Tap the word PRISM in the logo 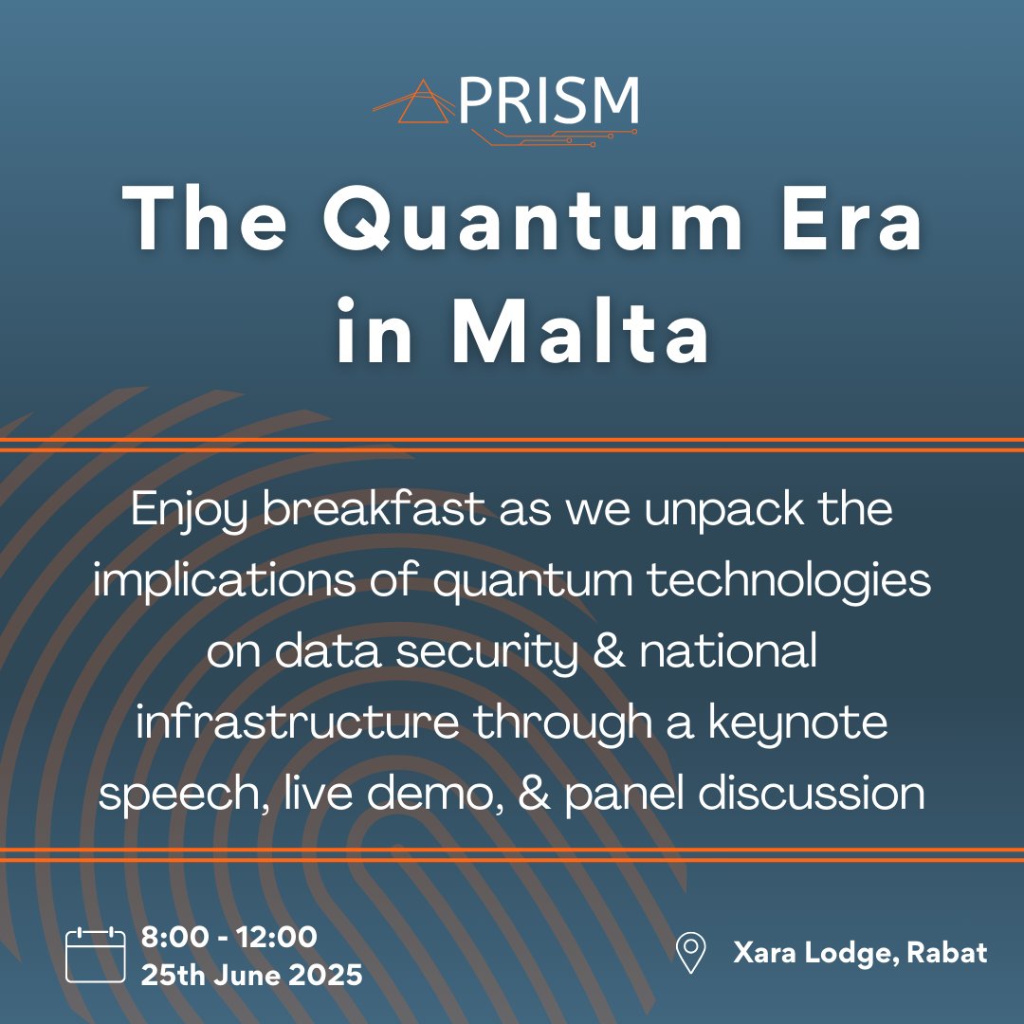549,101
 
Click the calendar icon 96,955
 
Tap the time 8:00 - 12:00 229,938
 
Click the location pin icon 690,953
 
